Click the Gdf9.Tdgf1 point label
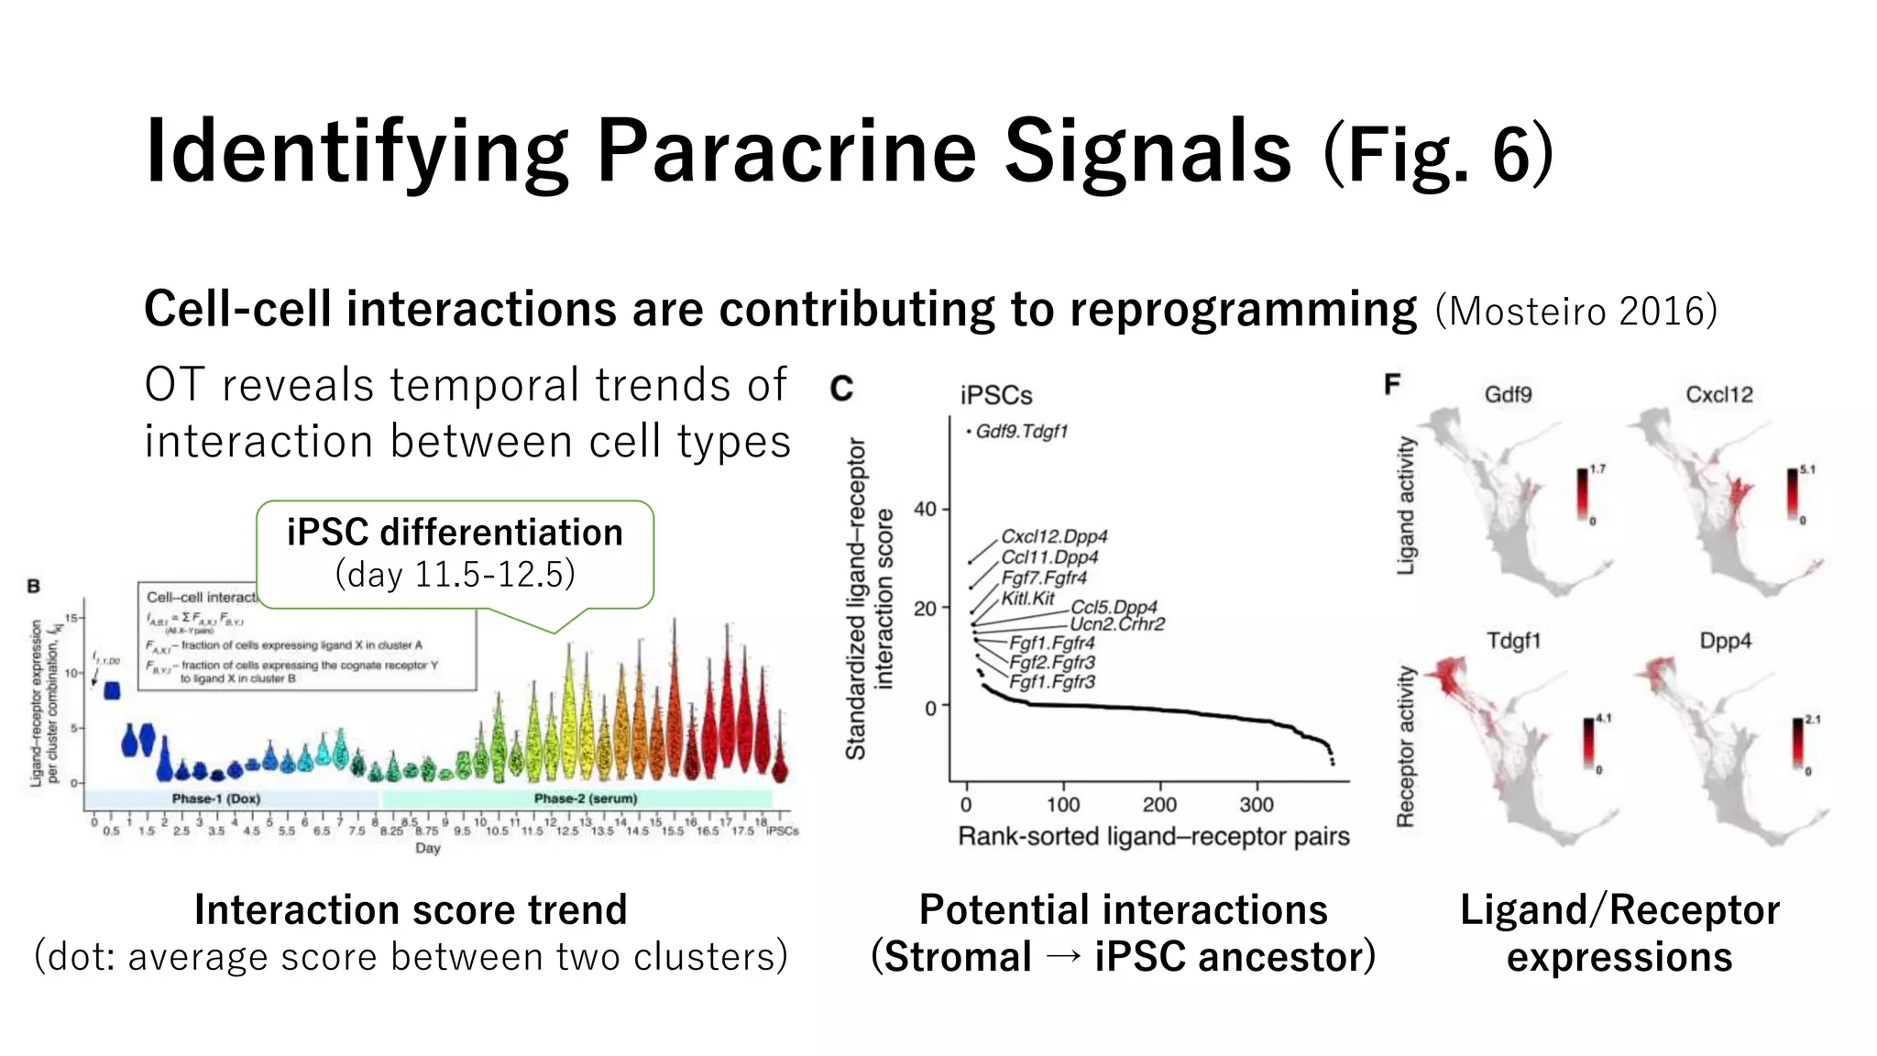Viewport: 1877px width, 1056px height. [x=1021, y=431]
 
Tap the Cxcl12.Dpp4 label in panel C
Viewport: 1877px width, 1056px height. [x=1054, y=536]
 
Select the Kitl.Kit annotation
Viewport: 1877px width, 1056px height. [x=1027, y=599]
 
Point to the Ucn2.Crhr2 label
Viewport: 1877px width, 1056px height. [x=1117, y=624]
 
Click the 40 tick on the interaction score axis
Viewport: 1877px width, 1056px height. [x=926, y=509]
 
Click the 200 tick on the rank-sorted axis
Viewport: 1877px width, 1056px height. [x=1159, y=805]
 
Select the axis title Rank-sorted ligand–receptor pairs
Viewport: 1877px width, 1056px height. [x=1153, y=836]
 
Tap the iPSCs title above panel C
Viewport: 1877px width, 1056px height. [x=996, y=396]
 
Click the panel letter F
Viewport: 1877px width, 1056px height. [x=1392, y=384]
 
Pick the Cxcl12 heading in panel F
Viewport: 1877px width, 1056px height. [x=1718, y=395]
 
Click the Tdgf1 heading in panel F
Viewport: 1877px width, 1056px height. [x=1513, y=641]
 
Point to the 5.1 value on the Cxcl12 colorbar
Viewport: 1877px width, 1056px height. [x=1807, y=469]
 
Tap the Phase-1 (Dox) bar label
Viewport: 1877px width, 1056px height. [x=216, y=799]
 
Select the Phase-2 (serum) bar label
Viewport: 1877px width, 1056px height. [x=586, y=799]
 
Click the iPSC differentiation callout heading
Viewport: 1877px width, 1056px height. [x=455, y=533]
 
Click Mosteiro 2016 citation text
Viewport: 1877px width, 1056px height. [x=1575, y=312]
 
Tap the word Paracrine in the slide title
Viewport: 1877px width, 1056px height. [x=786, y=151]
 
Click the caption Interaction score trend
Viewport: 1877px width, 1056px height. [x=411, y=910]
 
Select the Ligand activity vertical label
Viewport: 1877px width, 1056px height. [x=1406, y=505]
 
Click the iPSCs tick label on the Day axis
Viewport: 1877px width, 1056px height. [x=782, y=831]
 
